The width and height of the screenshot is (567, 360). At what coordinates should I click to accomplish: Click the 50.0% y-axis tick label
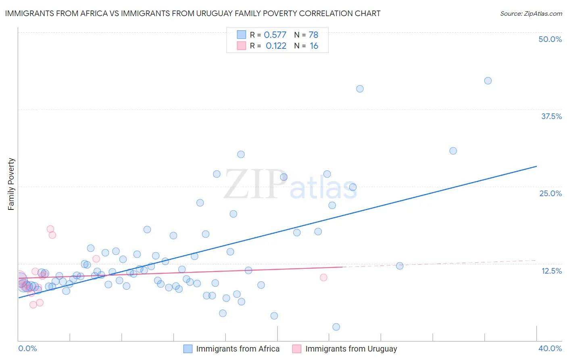[x=550, y=39]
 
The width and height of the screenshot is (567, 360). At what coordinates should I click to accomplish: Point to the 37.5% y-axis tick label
[x=551, y=116]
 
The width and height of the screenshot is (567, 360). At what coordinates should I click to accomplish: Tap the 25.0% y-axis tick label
[x=550, y=193]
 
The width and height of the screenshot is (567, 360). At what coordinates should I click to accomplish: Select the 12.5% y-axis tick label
[x=551, y=271]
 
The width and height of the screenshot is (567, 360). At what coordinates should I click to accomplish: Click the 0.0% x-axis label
[x=27, y=348]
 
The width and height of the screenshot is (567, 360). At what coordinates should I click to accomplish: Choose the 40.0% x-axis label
[x=550, y=348]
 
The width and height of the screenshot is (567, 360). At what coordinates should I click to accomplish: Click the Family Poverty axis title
[x=11, y=184]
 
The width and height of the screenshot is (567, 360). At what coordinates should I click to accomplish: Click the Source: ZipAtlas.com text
[x=531, y=13]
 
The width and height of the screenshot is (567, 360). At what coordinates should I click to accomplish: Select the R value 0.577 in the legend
[x=275, y=35]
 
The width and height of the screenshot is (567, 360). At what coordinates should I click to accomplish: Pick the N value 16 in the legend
[x=314, y=46]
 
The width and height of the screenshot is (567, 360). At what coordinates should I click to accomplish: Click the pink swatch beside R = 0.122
[x=241, y=46]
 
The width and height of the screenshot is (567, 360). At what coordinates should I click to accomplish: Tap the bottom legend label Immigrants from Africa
[x=238, y=349]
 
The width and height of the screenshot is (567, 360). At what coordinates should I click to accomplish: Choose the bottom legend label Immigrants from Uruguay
[x=351, y=349]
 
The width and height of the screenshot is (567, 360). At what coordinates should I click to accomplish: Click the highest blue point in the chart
[x=488, y=81]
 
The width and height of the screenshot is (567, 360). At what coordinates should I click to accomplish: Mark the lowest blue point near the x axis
[x=336, y=327]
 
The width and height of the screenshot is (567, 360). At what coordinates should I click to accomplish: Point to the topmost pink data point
[x=50, y=229]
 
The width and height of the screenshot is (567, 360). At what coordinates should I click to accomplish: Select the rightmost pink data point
[x=323, y=277]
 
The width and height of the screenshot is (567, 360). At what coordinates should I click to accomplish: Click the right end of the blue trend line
[x=536, y=166]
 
